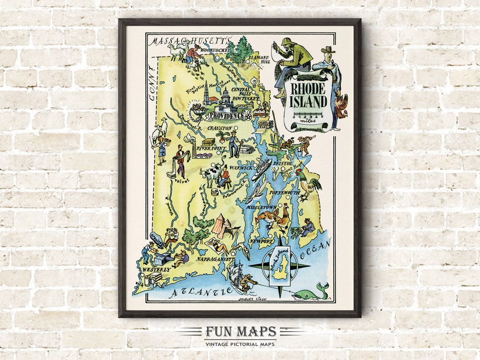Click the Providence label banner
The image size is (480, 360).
click(x=227, y=116)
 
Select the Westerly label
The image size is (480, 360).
click(x=156, y=269)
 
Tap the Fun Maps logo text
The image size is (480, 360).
click(x=240, y=332)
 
